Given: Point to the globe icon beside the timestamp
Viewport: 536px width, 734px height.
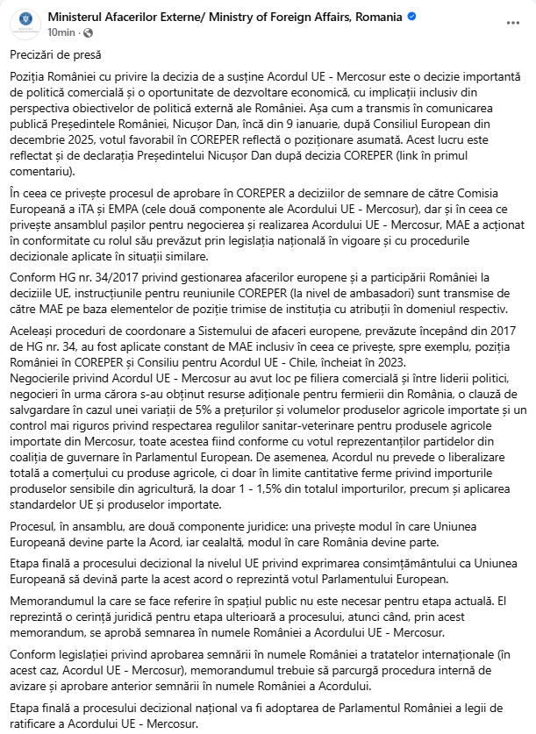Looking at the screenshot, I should click(86, 32).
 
